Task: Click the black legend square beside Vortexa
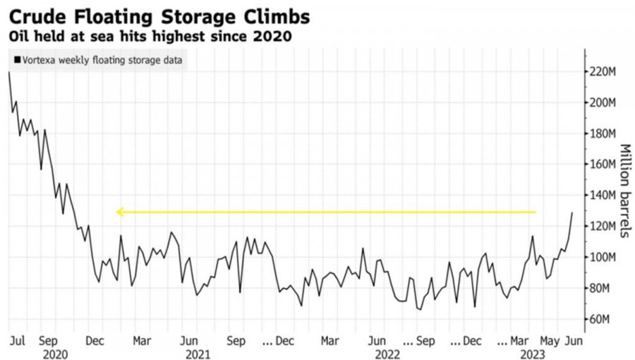(x=17, y=61)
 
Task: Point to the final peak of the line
(x=572, y=212)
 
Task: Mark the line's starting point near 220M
(x=8, y=73)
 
